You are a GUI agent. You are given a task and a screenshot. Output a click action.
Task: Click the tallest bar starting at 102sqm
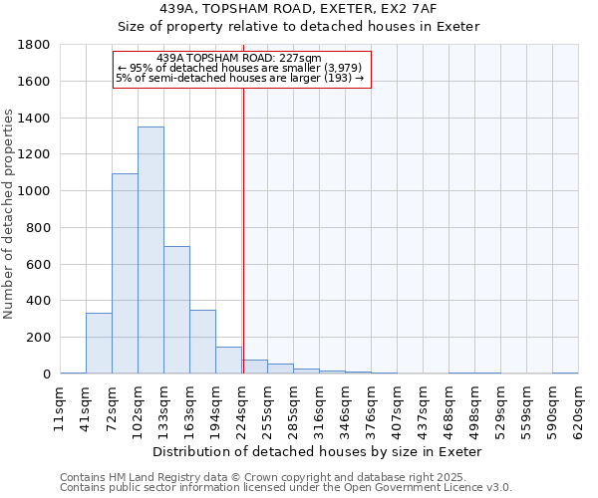tap(150, 250)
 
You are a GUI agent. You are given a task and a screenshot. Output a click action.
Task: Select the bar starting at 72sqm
tap(125, 274)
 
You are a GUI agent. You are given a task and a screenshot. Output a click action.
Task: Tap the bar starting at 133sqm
tap(176, 310)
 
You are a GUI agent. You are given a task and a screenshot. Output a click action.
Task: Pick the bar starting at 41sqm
tap(99, 344)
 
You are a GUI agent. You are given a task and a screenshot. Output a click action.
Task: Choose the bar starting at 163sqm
tap(202, 342)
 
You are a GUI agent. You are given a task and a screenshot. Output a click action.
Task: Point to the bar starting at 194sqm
tap(228, 361)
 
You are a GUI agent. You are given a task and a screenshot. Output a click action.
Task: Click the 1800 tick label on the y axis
tap(35, 45)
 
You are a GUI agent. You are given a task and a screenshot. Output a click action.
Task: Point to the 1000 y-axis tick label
tap(35, 191)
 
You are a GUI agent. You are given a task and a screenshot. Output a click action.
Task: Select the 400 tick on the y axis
tap(39, 301)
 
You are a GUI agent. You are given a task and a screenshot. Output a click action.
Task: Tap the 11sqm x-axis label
tap(60, 409)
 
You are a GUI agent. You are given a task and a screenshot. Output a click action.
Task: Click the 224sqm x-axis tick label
tap(241, 409)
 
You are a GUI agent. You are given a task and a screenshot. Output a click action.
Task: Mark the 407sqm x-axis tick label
tap(397, 409)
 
